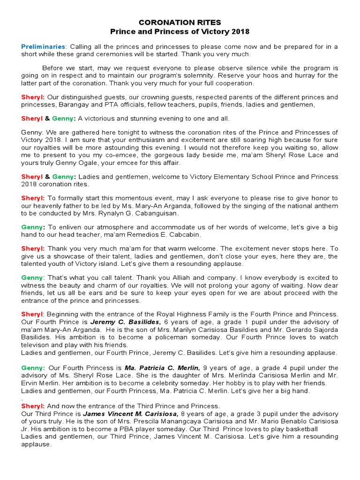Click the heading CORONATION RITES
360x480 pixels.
click(180, 22)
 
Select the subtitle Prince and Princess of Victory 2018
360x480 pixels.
click(180, 31)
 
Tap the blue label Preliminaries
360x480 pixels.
click(43, 47)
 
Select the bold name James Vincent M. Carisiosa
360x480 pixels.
click(131, 414)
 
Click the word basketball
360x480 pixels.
click(300, 429)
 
